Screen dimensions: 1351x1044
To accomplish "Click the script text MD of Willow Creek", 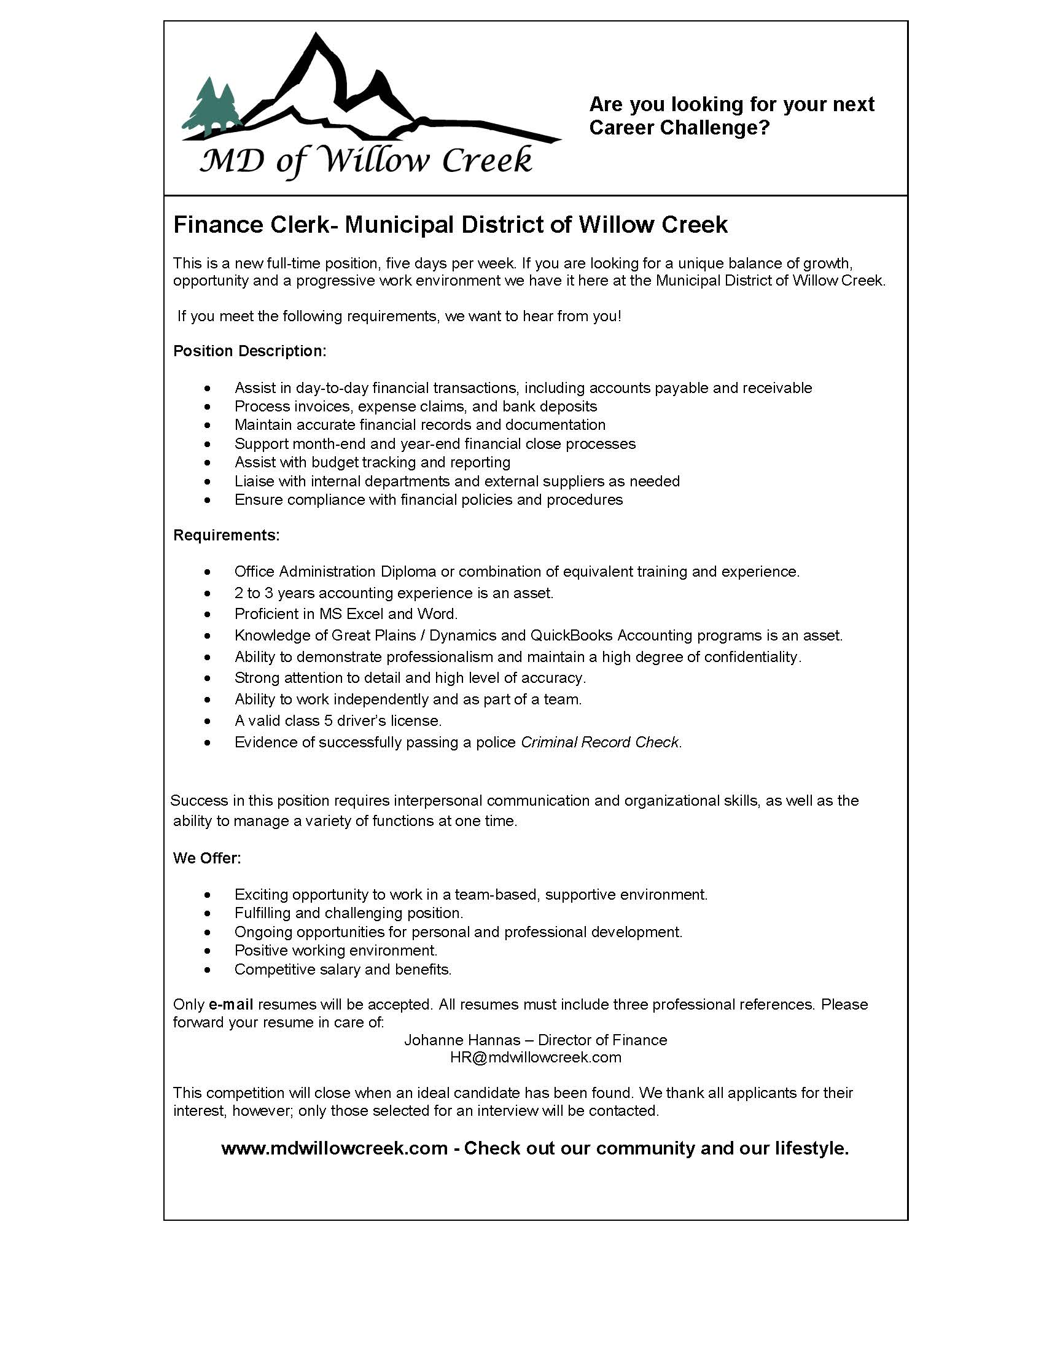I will (x=365, y=160).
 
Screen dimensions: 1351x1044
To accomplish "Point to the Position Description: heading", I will (x=249, y=351).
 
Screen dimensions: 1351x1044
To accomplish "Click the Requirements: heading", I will (x=227, y=535).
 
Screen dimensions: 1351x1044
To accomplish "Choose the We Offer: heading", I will (x=206, y=858).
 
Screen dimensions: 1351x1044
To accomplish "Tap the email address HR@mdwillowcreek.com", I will (x=536, y=1057).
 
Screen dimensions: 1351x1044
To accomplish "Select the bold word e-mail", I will (x=232, y=1004).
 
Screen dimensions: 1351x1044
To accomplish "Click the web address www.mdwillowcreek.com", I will (x=334, y=1148).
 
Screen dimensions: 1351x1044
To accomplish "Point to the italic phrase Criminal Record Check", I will (x=600, y=742).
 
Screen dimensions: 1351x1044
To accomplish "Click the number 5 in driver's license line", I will (x=329, y=721).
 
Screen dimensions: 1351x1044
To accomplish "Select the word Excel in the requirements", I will (x=365, y=613).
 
